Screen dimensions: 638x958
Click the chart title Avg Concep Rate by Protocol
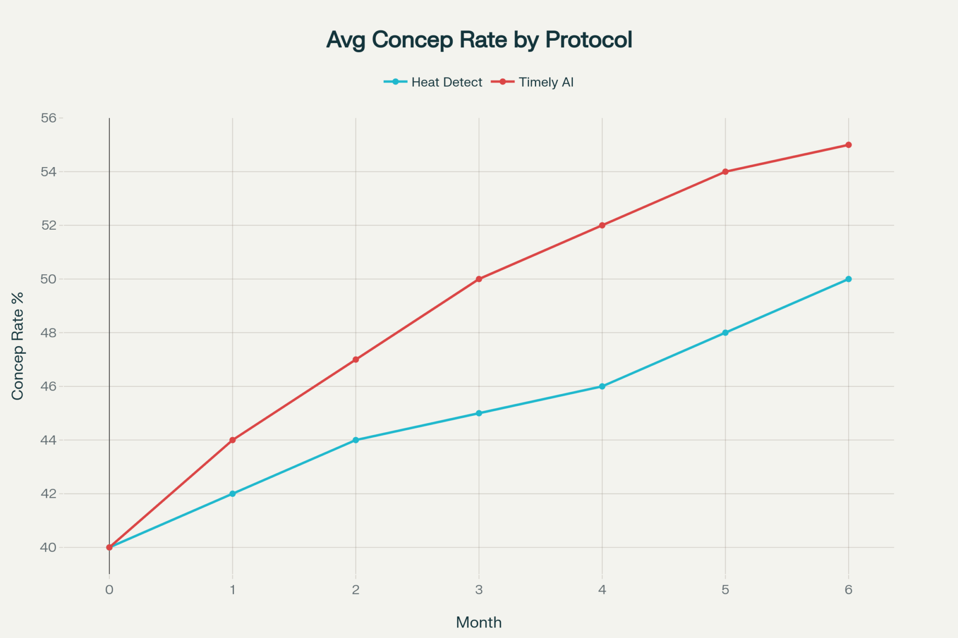[x=479, y=40]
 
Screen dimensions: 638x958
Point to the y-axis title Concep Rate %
[x=18, y=346]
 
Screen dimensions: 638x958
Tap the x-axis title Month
[x=479, y=622]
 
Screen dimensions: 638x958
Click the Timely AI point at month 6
[x=848, y=145]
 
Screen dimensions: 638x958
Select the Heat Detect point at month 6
[x=848, y=279]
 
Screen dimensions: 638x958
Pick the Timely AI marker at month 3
[x=479, y=279]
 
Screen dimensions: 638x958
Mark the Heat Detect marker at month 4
[x=602, y=386]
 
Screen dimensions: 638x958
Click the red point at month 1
[x=233, y=440]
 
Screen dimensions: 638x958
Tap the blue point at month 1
[x=233, y=493]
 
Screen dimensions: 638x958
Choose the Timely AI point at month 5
[x=725, y=171]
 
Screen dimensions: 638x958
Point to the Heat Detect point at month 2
[x=356, y=440]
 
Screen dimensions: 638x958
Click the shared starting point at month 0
[x=110, y=547]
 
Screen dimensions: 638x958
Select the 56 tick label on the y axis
[x=48, y=118]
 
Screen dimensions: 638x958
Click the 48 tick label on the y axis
[x=48, y=333]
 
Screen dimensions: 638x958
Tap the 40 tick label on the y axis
[x=48, y=547]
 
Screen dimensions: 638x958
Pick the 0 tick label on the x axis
[x=110, y=590]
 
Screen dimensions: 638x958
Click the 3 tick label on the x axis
[x=479, y=590]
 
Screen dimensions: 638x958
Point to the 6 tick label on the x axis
[x=848, y=590]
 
